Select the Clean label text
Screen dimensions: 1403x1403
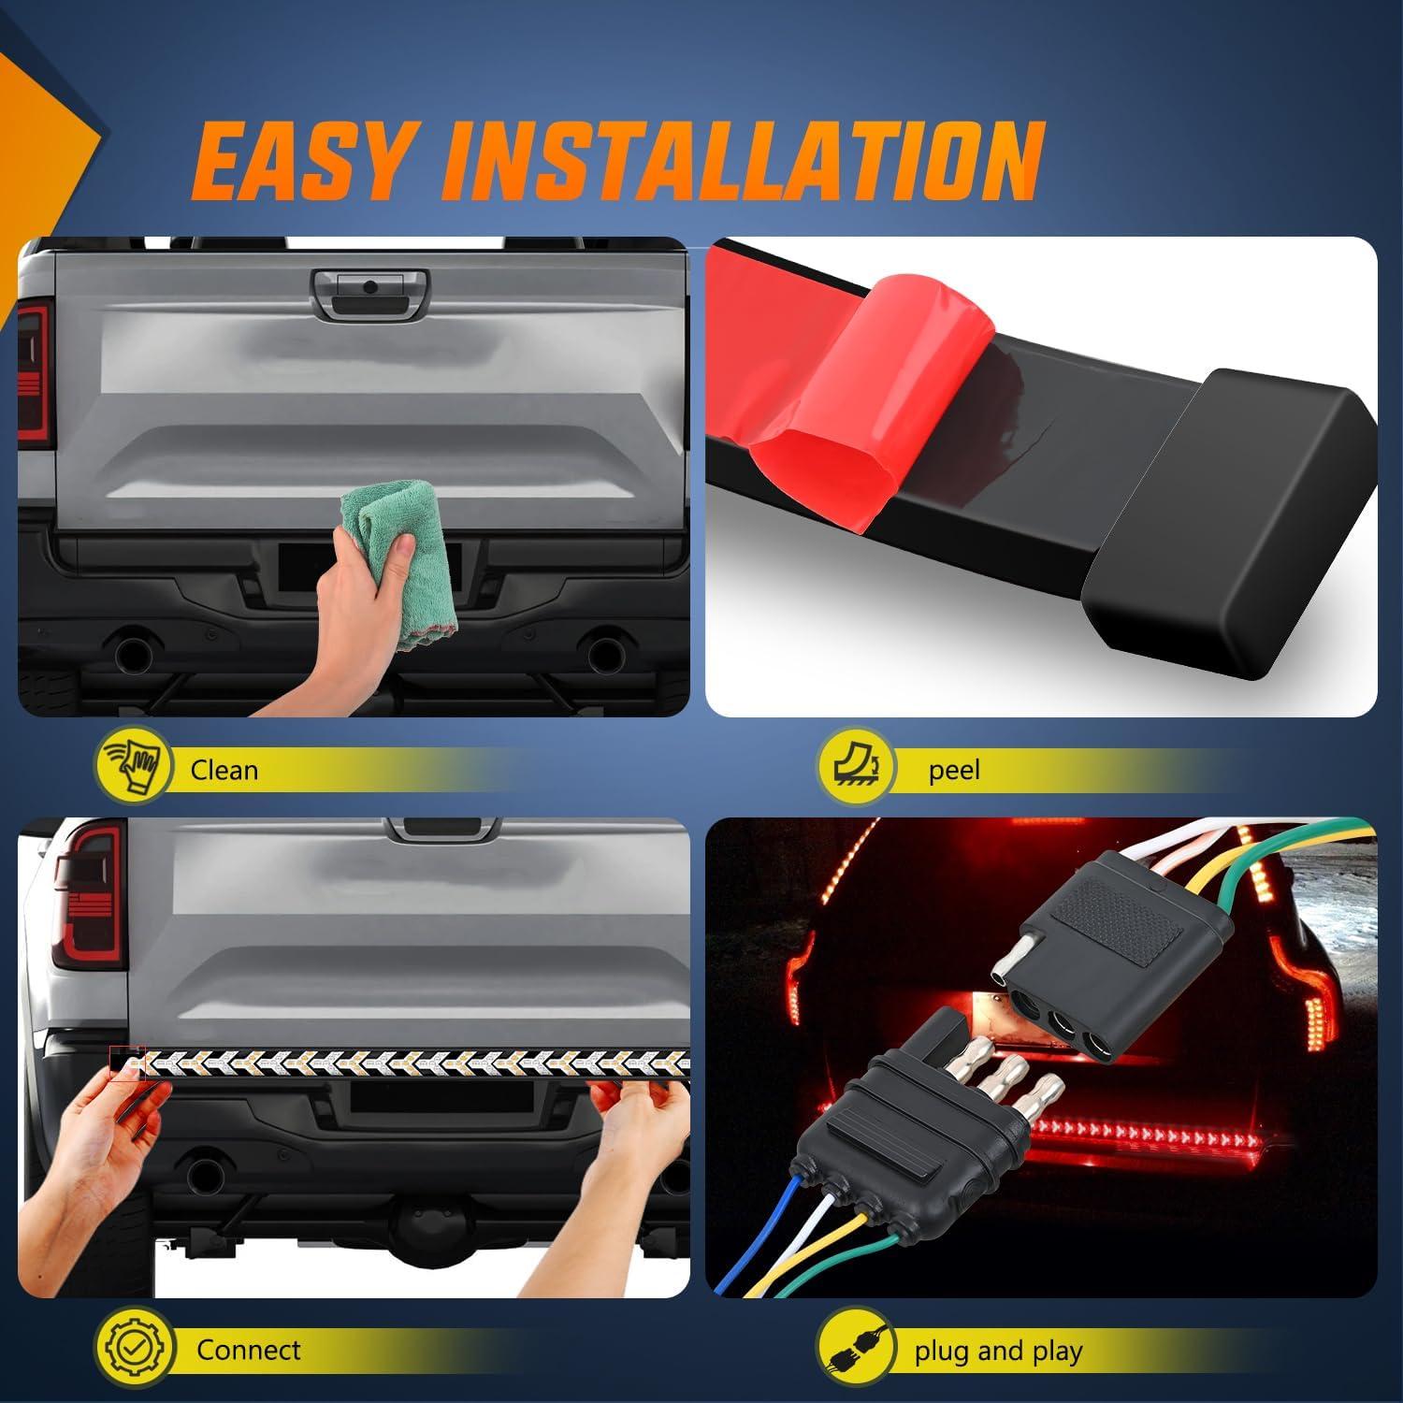(224, 770)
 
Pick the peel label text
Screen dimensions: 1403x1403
(954, 770)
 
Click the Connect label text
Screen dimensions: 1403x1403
(248, 1350)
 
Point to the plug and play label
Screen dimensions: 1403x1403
(998, 1351)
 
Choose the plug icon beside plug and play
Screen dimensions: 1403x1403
(854, 1351)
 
